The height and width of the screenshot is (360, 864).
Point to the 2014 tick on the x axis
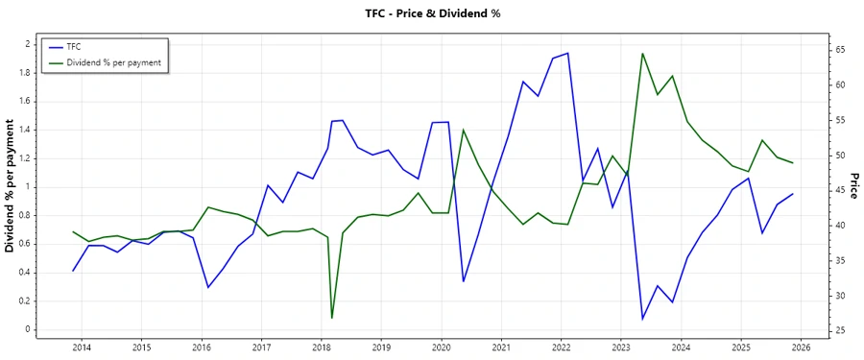pyautogui.click(x=82, y=347)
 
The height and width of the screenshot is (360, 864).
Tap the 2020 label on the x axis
pyautogui.click(x=442, y=347)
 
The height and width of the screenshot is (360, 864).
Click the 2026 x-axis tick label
pyautogui.click(x=802, y=347)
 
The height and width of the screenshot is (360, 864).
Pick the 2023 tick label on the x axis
pyautogui.click(x=621, y=347)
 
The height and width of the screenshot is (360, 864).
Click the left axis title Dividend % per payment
pyautogui.click(x=11, y=186)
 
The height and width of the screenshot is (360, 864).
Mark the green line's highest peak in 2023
pyautogui.click(x=642, y=53)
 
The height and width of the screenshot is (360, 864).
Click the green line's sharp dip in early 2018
pyautogui.click(x=332, y=318)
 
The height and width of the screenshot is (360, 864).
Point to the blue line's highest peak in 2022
pyautogui.click(x=567, y=53)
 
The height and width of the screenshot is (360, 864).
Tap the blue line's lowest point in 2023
pyautogui.click(x=642, y=319)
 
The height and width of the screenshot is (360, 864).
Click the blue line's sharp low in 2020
pyautogui.click(x=463, y=281)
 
